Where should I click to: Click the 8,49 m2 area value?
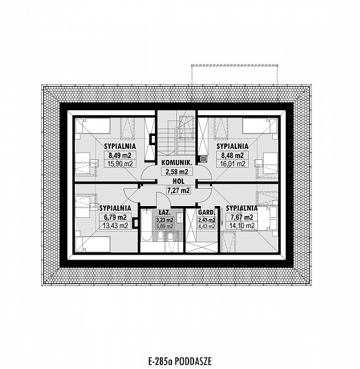pyautogui.click(x=120, y=156)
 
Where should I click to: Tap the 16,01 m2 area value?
pyautogui.click(x=232, y=164)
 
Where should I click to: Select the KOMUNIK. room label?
pyautogui.click(x=177, y=162)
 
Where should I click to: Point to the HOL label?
pyautogui.click(x=179, y=181)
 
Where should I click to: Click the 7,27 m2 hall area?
pyautogui.click(x=178, y=190)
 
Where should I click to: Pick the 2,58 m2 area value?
pyautogui.click(x=177, y=172)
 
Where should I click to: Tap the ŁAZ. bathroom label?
pyautogui.click(x=165, y=212)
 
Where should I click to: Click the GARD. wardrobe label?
pyautogui.click(x=206, y=212)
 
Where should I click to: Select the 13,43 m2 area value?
pyautogui.click(x=115, y=226)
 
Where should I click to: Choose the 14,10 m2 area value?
pyautogui.click(x=241, y=226)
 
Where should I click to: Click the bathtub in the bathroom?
pyautogui.click(x=147, y=225)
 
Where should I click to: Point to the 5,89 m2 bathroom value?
pyautogui.click(x=165, y=226)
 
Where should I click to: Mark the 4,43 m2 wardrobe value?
pyautogui.click(x=206, y=226)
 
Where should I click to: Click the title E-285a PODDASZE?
pyautogui.click(x=180, y=361)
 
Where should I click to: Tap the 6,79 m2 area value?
pyautogui.click(x=115, y=216)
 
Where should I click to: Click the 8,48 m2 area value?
pyautogui.click(x=232, y=156)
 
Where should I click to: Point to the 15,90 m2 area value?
pyautogui.click(x=120, y=164)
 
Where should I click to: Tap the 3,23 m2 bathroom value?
pyautogui.click(x=165, y=220)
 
